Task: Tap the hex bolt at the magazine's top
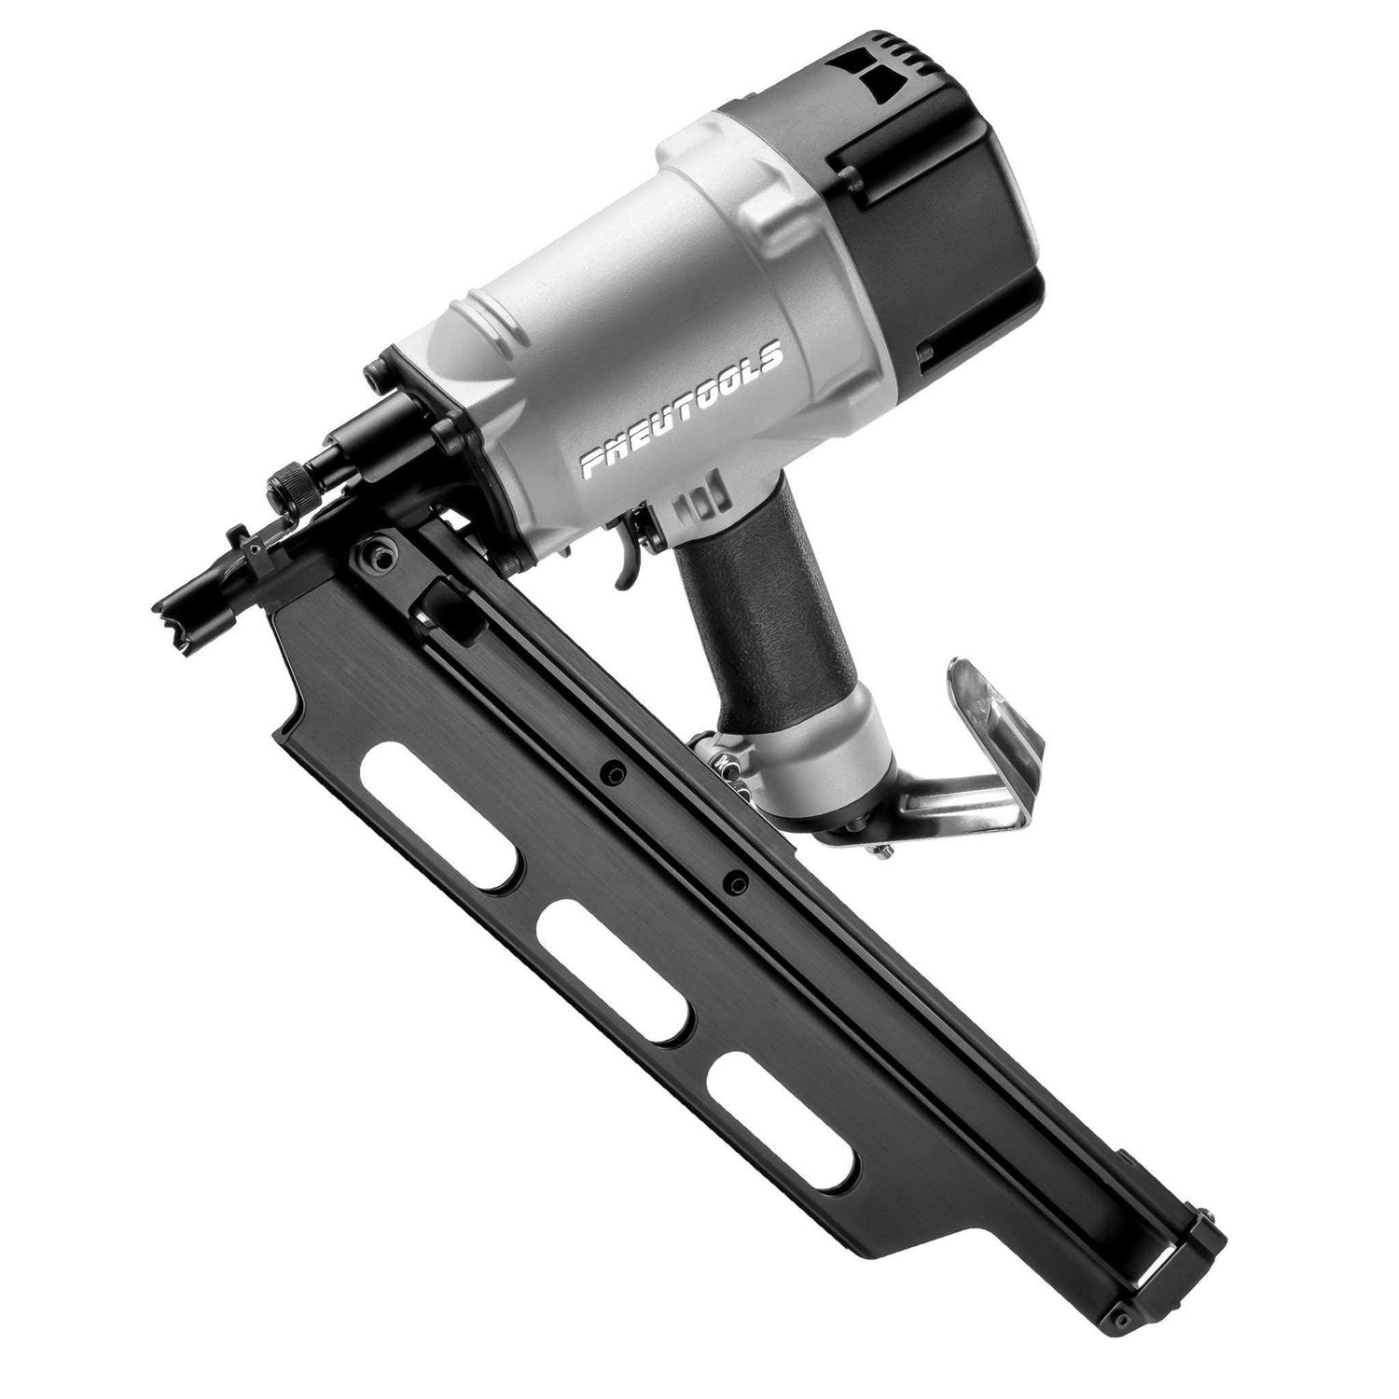click(375, 553)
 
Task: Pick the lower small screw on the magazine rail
click(736, 880)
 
